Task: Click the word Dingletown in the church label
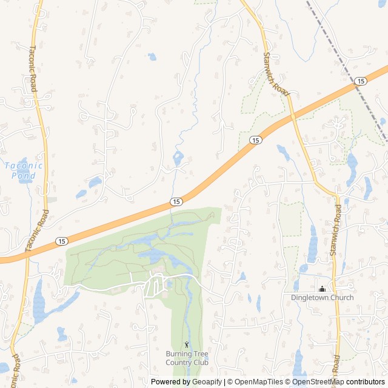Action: [310, 298]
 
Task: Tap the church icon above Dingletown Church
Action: [322, 289]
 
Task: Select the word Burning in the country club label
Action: [178, 354]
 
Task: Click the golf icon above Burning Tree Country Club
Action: [187, 344]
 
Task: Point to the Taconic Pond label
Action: [24, 170]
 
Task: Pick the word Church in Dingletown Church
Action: [342, 298]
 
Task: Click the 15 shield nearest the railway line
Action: [361, 81]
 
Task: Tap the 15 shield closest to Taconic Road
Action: [62, 241]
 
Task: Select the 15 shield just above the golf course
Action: [176, 201]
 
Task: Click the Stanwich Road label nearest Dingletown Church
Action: [336, 230]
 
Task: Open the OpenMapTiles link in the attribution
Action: [259, 382]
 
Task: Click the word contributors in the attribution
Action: [366, 382]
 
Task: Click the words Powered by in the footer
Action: [170, 382]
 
